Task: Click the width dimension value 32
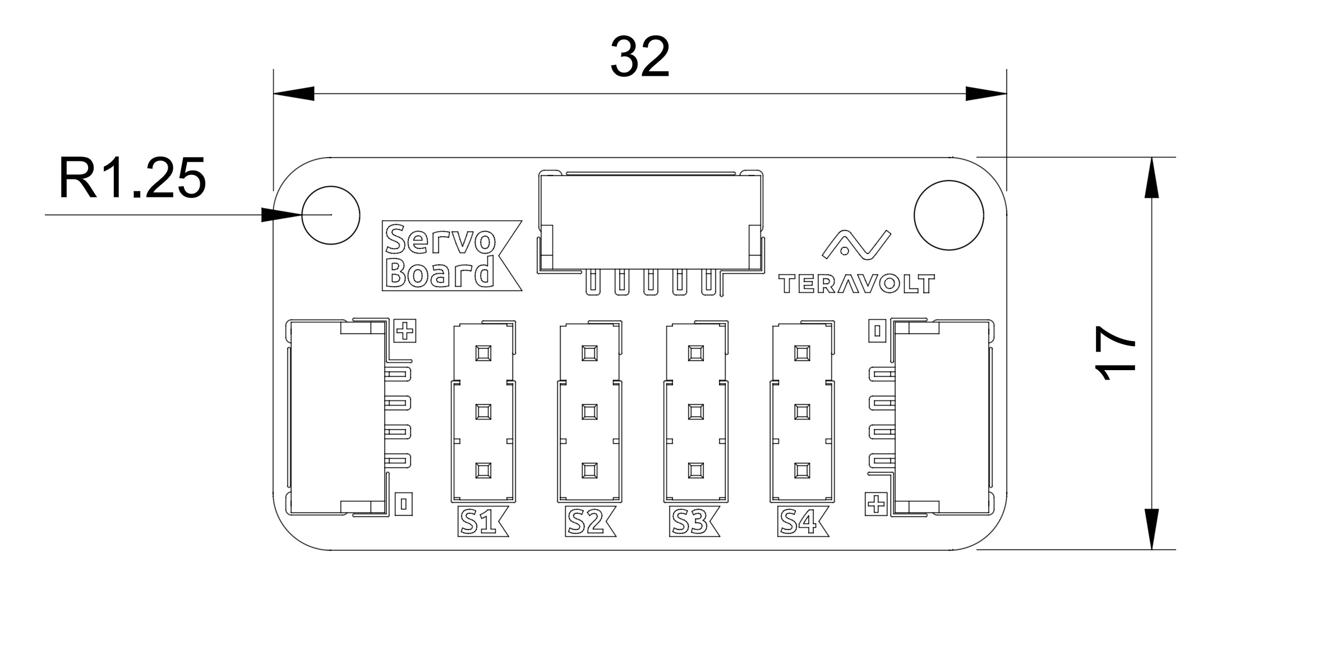tap(640, 58)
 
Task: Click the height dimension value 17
tap(1116, 353)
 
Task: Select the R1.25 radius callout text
tap(132, 178)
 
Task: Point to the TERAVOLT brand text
tap(856, 284)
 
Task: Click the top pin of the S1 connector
tap(482, 353)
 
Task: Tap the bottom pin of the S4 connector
tap(803, 470)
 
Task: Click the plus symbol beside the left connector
tap(404, 331)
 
